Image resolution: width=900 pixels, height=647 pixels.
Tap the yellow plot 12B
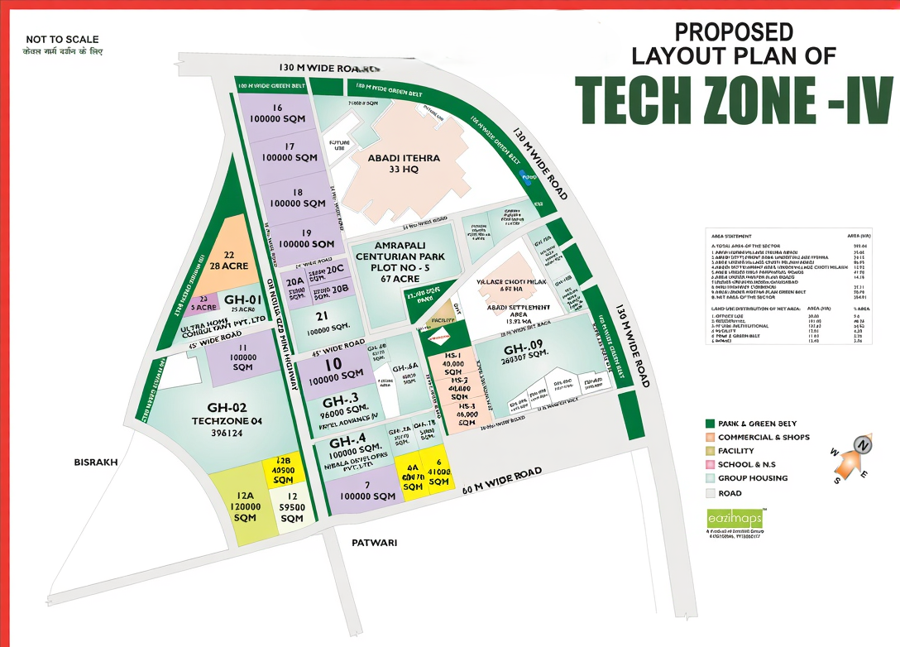tap(283, 470)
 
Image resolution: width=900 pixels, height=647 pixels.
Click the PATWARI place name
tap(375, 543)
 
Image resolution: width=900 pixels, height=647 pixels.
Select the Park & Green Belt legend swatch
tap(710, 423)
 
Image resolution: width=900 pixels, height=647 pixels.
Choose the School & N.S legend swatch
tap(710, 464)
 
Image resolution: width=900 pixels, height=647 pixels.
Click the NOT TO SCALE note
tap(62, 40)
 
